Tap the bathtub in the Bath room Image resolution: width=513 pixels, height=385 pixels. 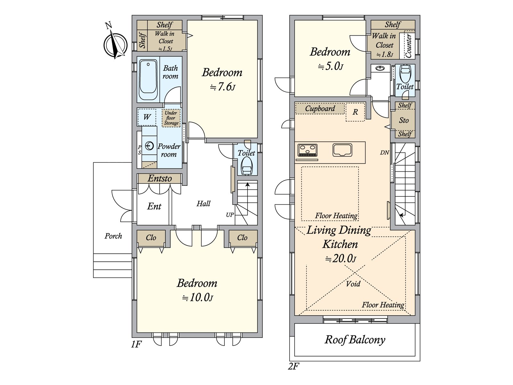148,80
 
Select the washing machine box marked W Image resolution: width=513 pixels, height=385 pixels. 147,117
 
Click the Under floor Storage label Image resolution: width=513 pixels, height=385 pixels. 171,118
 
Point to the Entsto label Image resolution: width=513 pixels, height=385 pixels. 160,178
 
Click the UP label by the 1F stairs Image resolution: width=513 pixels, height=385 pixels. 230,215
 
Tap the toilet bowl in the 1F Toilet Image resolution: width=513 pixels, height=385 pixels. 247,166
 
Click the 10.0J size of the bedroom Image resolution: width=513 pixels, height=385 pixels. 198,298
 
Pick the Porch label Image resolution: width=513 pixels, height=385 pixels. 114,236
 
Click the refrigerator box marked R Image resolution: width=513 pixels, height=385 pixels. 355,112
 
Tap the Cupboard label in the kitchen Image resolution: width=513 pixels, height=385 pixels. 320,108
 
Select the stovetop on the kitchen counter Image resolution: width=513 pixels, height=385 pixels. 307,150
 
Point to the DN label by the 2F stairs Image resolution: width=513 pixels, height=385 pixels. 384,153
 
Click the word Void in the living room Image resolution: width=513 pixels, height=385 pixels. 353,284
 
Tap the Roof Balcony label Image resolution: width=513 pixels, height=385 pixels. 355,340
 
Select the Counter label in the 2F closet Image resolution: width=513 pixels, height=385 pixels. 408,46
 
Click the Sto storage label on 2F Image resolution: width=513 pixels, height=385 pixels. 404,120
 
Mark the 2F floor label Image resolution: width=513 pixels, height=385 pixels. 293,366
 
